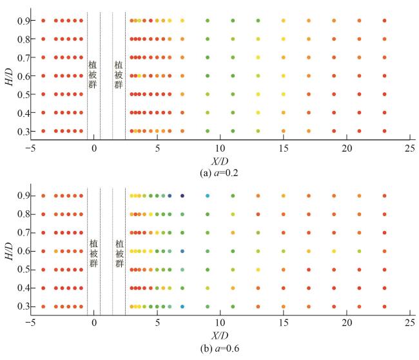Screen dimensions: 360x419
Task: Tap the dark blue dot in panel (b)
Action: (x=182, y=195)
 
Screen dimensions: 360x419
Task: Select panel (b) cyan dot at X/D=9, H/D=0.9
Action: (x=208, y=195)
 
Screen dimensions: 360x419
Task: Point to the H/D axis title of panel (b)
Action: (x=8, y=250)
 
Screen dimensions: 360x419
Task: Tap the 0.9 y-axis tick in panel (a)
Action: (x=22, y=21)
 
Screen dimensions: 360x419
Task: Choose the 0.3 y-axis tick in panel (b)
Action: (x=22, y=306)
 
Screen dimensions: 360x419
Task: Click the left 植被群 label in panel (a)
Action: (x=92, y=75)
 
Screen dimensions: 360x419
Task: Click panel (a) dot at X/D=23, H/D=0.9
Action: (x=384, y=21)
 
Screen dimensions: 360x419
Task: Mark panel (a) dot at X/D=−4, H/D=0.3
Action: (x=43, y=131)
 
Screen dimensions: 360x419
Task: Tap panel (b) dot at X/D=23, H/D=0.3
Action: (x=384, y=306)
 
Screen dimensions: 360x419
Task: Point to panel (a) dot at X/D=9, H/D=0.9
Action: (x=208, y=21)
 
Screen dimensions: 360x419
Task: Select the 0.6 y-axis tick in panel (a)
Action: (x=22, y=75)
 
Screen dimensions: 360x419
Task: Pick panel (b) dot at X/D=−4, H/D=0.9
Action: (x=43, y=195)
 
